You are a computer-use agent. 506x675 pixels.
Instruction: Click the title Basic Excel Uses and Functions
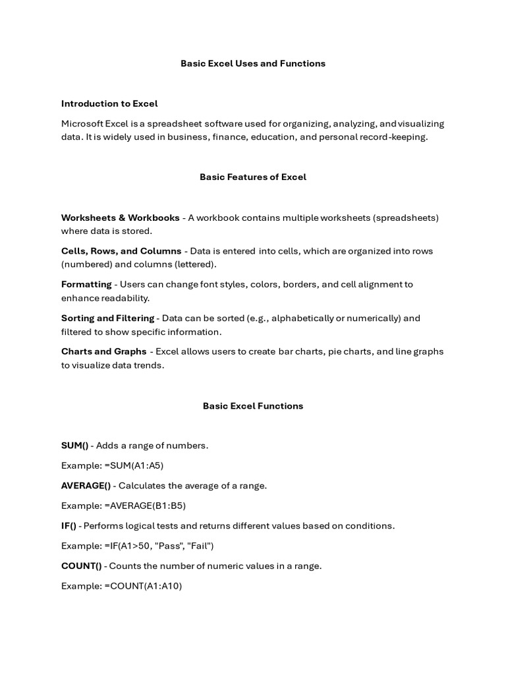click(253, 63)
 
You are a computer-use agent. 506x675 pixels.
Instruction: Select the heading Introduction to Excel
click(109, 103)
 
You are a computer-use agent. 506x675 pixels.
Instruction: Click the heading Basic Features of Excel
click(253, 177)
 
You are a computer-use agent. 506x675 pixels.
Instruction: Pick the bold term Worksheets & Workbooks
click(120, 218)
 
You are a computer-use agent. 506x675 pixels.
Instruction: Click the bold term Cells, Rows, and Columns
click(121, 251)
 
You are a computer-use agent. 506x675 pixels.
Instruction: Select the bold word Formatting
click(86, 284)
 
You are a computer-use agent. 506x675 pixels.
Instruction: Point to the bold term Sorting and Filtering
click(107, 318)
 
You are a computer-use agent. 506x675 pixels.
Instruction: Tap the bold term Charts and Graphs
click(104, 351)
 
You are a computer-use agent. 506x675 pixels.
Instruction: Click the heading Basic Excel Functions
click(253, 405)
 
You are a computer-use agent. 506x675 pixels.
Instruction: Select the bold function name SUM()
click(74, 446)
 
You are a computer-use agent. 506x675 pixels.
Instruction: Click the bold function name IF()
click(69, 526)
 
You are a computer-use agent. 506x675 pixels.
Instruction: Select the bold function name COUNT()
click(82, 566)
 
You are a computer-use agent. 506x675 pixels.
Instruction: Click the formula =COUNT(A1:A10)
click(143, 585)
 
